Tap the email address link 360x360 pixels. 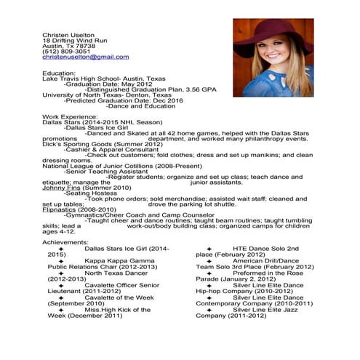85,57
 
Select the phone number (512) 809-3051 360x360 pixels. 66,51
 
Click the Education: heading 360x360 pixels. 59,73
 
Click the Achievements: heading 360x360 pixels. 66,242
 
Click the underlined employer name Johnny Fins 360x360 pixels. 61,188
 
